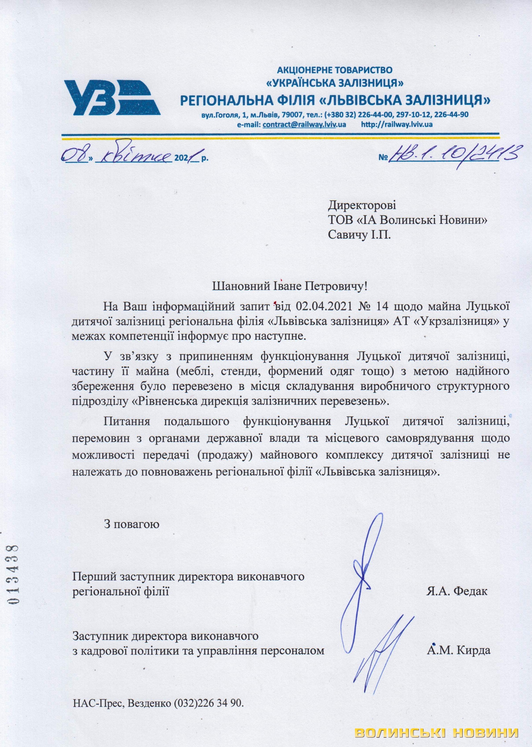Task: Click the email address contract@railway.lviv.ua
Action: (300, 124)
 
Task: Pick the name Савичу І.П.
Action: (359, 235)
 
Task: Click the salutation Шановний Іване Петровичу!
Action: (290, 287)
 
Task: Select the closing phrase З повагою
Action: (132, 524)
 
